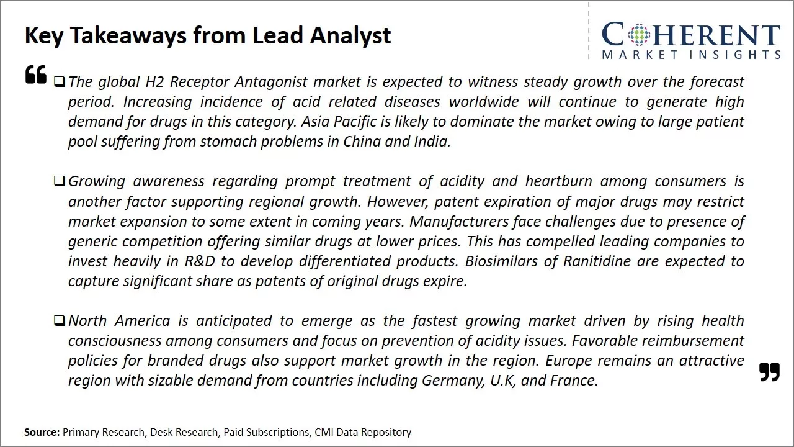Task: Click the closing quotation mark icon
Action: click(x=769, y=372)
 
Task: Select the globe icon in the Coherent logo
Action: click(x=640, y=35)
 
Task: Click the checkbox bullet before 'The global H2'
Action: click(x=60, y=81)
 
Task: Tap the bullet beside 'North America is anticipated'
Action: click(x=60, y=320)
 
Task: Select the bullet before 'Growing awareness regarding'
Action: click(x=60, y=181)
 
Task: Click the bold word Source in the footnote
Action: click(x=42, y=432)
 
